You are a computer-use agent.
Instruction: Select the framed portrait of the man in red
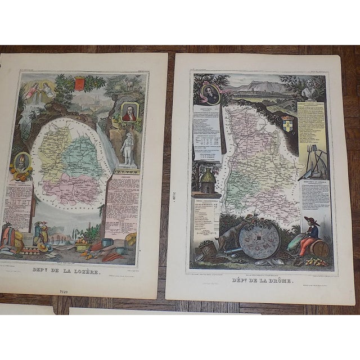(129, 112)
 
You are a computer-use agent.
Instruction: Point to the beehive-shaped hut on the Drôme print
(206, 181)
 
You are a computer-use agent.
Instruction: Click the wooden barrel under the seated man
(322, 248)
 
